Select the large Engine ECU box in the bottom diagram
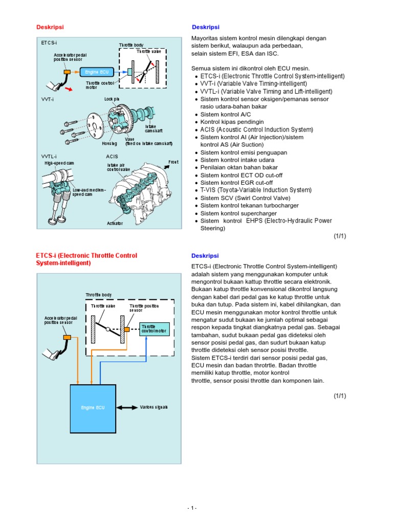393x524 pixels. (93, 407)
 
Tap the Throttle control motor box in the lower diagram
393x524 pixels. (155, 329)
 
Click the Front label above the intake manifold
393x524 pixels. (174, 162)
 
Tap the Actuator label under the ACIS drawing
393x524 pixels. (115, 223)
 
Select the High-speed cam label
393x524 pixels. (59, 163)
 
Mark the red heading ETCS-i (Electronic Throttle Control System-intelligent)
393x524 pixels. (86, 259)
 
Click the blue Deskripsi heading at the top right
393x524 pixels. (205, 27)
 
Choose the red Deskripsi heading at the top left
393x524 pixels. (50, 27)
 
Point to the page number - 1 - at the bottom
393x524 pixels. (192, 508)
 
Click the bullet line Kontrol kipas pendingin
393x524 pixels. (232, 122)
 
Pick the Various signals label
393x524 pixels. (154, 407)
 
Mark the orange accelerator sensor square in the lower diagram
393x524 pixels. (67, 337)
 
